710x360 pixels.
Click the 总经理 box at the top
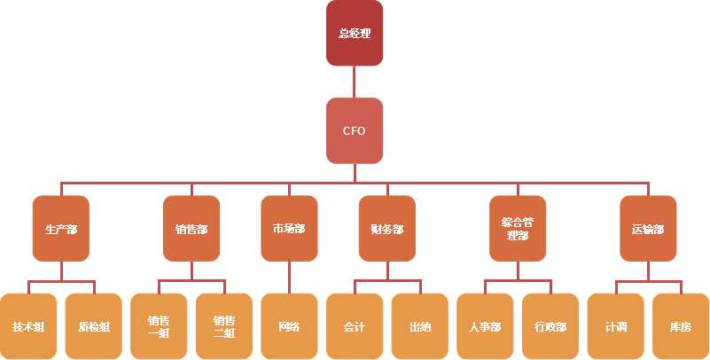click(355, 34)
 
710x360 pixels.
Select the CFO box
click(355, 130)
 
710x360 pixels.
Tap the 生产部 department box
click(61, 229)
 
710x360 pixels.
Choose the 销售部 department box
click(191, 229)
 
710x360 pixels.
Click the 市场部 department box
click(289, 229)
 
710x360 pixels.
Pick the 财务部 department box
click(386, 229)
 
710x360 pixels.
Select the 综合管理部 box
click(518, 229)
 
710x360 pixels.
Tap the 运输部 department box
click(648, 229)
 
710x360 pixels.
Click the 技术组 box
click(28, 326)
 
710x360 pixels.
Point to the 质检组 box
click(94, 326)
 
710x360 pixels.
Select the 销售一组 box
click(159, 326)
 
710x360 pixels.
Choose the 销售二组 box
click(224, 326)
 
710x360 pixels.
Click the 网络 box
click(289, 326)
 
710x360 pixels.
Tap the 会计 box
click(355, 326)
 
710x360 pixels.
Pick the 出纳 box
click(420, 326)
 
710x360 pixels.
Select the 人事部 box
click(485, 326)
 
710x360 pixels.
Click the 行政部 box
click(550, 326)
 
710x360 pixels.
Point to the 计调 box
click(616, 326)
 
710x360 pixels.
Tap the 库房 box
click(681, 326)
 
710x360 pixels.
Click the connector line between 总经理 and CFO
click(355, 82)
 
